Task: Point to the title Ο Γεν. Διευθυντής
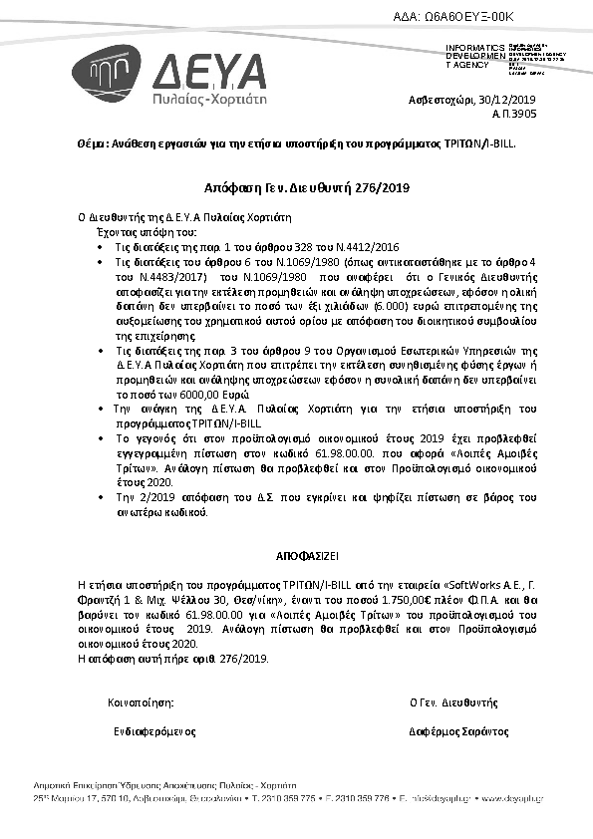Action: [x=452, y=702]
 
